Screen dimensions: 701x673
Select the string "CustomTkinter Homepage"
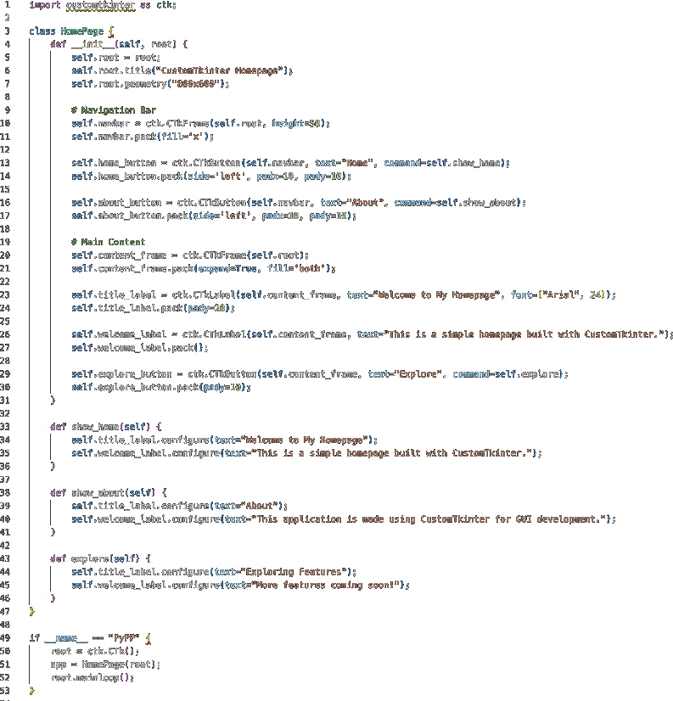[x=219, y=70]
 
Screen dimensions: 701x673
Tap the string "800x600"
[x=199, y=84]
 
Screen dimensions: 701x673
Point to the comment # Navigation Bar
[x=114, y=110]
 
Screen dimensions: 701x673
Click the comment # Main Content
[x=109, y=242]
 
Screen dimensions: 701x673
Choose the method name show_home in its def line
[x=98, y=426]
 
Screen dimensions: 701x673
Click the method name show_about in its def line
[x=100, y=492]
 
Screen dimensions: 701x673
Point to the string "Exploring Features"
[x=297, y=571]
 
